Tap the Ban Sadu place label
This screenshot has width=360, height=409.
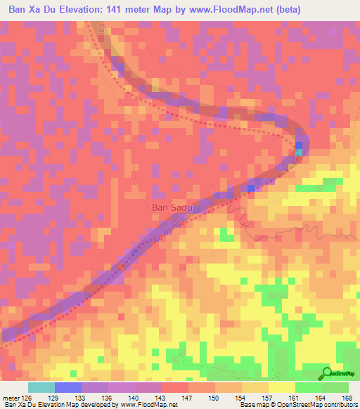coord(172,208)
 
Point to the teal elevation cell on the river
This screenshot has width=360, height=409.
coord(300,151)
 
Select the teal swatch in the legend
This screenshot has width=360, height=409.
coord(41,387)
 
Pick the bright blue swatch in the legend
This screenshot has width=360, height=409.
coord(67,387)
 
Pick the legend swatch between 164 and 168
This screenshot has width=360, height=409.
coord(335,387)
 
